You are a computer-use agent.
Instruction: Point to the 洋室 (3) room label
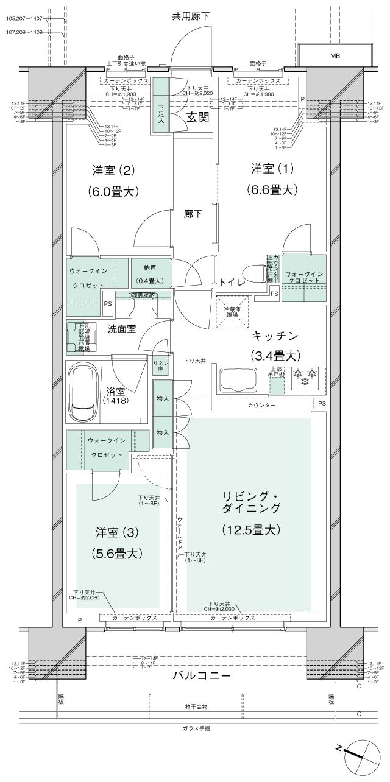(117, 532)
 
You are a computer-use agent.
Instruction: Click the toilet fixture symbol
(252, 272)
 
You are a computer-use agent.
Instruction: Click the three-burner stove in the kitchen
(305, 378)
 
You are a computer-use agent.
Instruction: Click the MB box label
(335, 56)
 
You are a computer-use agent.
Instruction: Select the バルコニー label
(200, 676)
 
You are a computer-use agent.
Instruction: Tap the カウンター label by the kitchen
(261, 405)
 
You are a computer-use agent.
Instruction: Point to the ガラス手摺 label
(196, 728)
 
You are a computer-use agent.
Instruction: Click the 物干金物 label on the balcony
(196, 706)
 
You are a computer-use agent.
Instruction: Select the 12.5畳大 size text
(251, 529)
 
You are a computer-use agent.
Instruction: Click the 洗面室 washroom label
(121, 328)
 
